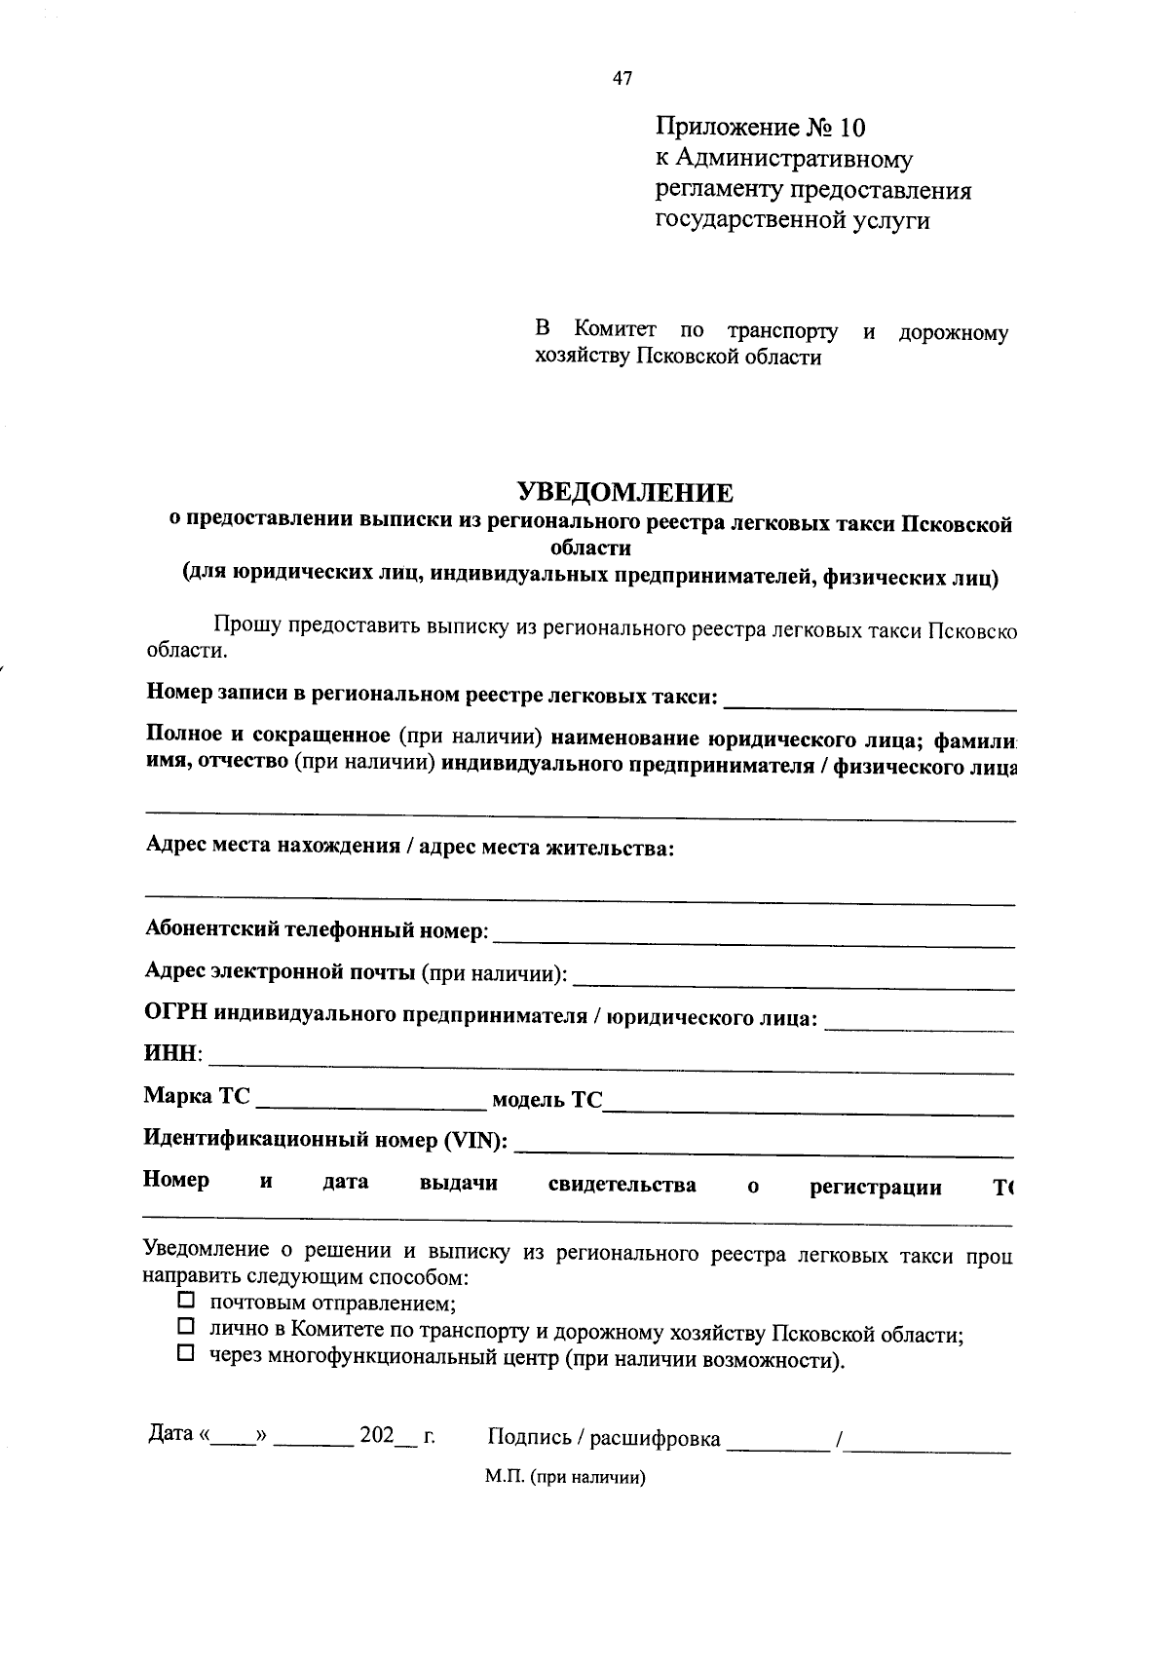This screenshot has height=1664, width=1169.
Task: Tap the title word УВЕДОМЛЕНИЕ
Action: [x=623, y=492]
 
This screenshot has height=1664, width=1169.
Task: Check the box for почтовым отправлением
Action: [x=186, y=1301]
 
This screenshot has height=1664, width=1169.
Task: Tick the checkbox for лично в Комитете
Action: [x=186, y=1327]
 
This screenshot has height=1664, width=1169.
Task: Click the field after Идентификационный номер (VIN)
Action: [x=763, y=1146]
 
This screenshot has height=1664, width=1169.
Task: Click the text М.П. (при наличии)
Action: [x=566, y=1477]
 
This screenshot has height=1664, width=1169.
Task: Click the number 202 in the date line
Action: [x=376, y=1436]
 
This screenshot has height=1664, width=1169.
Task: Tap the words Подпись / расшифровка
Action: [x=604, y=1438]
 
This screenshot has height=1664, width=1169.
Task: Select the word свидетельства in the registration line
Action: [x=622, y=1185]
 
